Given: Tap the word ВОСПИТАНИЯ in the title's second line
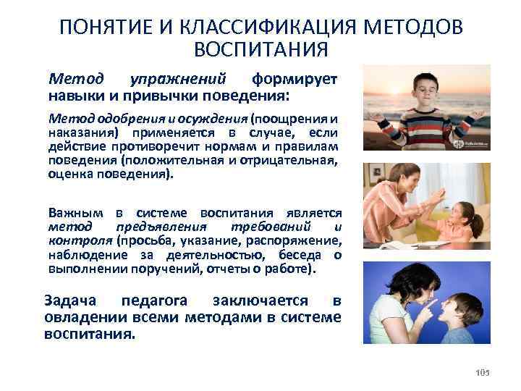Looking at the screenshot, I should pos(261,49).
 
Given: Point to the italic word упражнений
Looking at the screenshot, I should pos(190,77).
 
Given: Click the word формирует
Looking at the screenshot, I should pos(295,77).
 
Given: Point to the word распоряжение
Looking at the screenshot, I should pos(305,240).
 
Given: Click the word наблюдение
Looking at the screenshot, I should pos(81,254).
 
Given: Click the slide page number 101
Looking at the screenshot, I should pos(483,372).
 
